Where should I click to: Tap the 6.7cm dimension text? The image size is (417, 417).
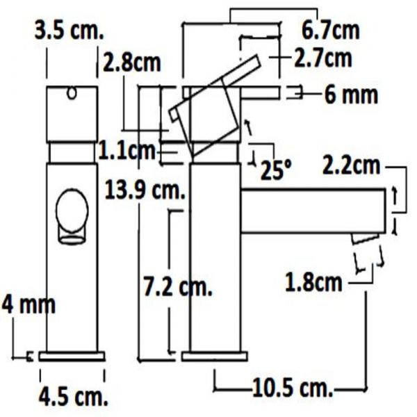coord(331,31)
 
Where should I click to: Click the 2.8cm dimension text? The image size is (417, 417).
coord(131,63)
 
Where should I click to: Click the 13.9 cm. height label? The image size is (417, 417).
coord(143,188)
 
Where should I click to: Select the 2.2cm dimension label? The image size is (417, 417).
coord(351,167)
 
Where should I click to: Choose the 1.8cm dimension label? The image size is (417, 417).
coord(314,283)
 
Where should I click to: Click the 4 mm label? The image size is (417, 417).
coord(27,304)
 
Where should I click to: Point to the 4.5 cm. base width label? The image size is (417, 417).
coord(73,398)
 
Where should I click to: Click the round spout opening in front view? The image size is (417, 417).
coord(72,212)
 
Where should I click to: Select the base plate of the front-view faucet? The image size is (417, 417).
coord(72,357)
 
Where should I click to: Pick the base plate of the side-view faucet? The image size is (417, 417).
coord(213,357)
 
